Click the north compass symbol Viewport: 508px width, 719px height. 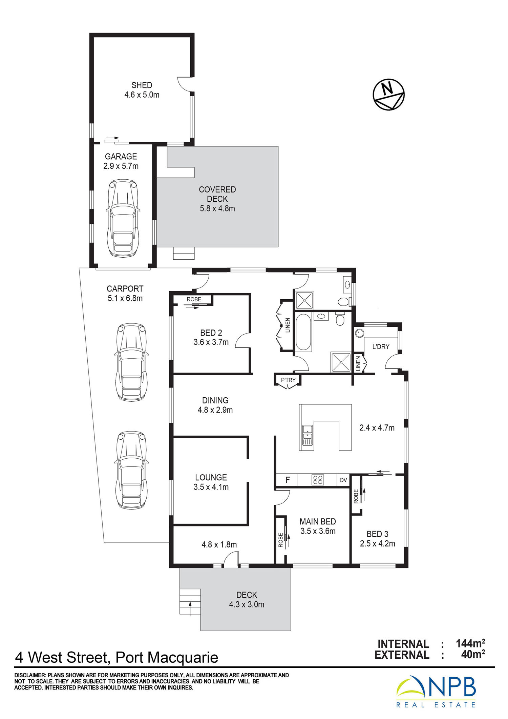(388, 95)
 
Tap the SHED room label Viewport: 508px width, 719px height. (142, 85)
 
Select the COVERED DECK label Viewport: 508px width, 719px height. (217, 194)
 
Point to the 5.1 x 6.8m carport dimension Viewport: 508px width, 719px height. (125, 298)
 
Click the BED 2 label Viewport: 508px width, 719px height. (211, 333)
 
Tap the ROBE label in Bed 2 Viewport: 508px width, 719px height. (194, 299)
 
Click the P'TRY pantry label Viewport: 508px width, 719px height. (288, 380)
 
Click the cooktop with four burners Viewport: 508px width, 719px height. (318, 480)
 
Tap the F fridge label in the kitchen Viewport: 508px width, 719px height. (288, 480)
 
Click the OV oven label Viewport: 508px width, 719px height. (343, 480)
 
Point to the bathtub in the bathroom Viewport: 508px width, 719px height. (303, 332)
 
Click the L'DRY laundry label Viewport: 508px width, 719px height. (381, 346)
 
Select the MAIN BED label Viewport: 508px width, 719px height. (318, 522)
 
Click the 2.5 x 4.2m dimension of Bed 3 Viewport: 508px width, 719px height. (377, 543)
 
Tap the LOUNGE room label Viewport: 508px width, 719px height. (211, 477)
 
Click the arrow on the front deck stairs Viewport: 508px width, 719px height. (190, 608)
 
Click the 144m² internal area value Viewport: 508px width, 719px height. (470, 643)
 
